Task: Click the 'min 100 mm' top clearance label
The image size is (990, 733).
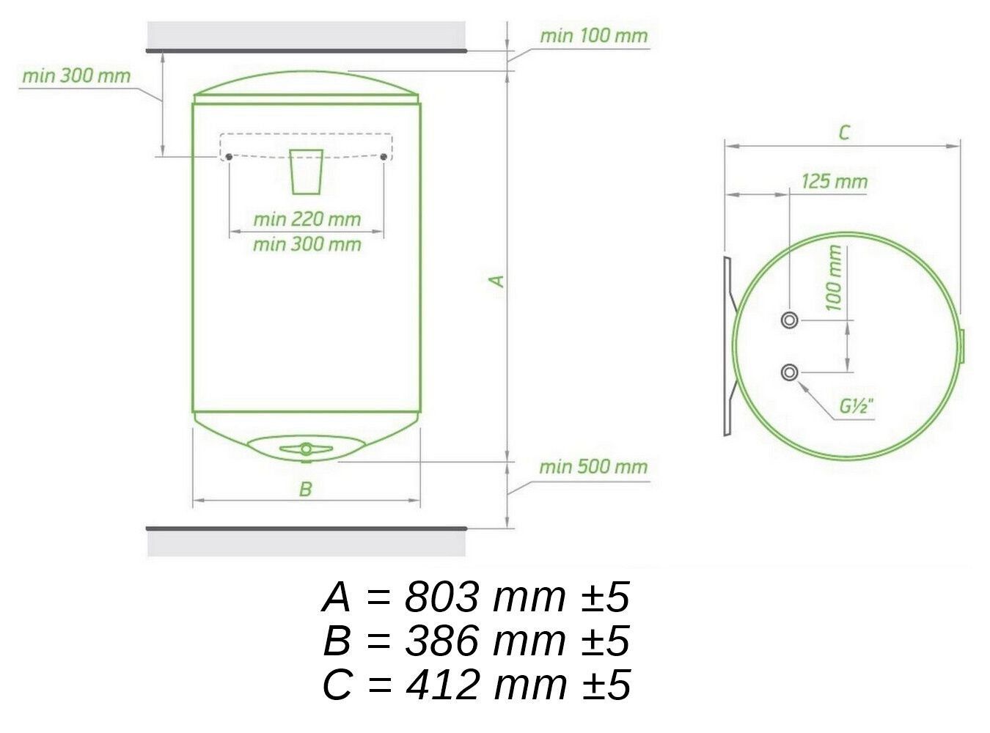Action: pos(593,36)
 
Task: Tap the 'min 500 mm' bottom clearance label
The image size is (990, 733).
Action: pos(593,467)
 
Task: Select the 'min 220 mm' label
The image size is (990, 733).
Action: pos(307,219)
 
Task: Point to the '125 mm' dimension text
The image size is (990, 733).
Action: pos(835,182)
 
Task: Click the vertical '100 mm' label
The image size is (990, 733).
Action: pos(833,278)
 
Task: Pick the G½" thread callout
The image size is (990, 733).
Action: pos(857,406)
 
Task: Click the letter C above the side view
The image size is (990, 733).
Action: pos(844,133)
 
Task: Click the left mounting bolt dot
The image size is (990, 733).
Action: pos(229,157)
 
